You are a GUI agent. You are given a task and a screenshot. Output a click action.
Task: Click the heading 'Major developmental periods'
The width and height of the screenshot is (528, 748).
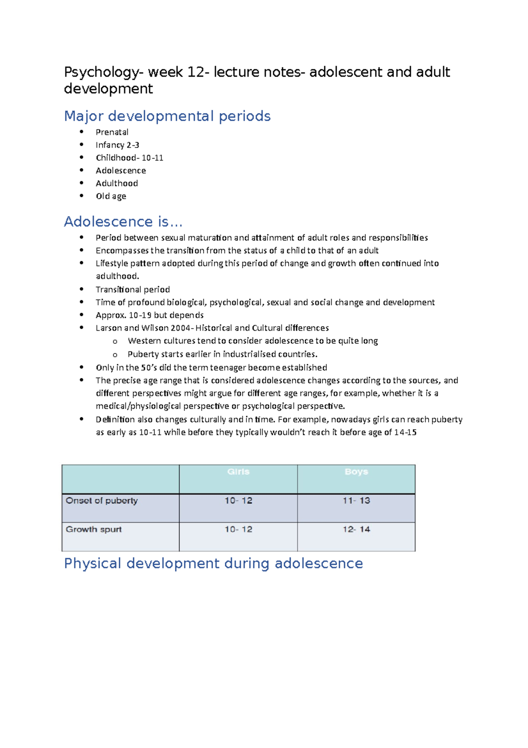coord(167,116)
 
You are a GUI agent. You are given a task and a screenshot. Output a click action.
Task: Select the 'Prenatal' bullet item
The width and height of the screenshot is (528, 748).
coord(112,132)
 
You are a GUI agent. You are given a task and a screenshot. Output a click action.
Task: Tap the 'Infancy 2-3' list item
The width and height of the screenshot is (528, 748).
coord(117,145)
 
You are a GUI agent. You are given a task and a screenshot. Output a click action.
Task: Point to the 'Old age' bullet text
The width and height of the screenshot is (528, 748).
coord(111,196)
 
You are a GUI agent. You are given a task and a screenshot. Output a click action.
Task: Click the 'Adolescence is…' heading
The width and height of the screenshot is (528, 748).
coord(123,222)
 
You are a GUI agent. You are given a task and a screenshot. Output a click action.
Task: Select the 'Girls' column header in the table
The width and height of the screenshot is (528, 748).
coord(238,472)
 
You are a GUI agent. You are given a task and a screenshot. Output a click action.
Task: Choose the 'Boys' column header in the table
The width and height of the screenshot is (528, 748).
coord(356,472)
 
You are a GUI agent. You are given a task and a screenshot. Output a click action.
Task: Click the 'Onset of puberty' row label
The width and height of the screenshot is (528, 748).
coord(102,500)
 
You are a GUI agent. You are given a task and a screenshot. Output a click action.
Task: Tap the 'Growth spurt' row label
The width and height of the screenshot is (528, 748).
coord(94,529)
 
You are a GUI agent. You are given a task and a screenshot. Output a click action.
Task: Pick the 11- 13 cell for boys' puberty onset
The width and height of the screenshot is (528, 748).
coord(356,500)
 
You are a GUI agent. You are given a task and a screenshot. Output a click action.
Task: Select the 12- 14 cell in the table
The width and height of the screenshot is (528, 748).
coord(356,529)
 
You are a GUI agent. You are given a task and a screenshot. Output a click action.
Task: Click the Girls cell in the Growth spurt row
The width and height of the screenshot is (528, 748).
coord(238,529)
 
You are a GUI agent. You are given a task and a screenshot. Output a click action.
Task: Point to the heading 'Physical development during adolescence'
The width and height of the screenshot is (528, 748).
coord(213,563)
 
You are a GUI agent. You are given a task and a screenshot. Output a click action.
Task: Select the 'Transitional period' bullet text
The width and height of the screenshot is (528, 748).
coord(133,289)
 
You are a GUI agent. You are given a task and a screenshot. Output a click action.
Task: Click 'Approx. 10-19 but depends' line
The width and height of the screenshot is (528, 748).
coord(150,315)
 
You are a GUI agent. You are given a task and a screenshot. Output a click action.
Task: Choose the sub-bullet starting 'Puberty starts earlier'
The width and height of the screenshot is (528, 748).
coord(222,354)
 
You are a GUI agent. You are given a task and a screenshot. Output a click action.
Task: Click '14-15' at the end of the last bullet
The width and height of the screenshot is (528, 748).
coord(405,432)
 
